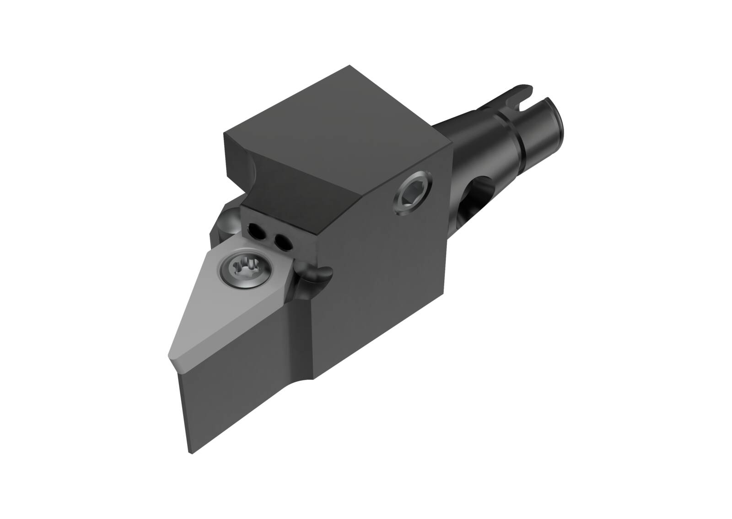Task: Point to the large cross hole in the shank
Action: [478, 192]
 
